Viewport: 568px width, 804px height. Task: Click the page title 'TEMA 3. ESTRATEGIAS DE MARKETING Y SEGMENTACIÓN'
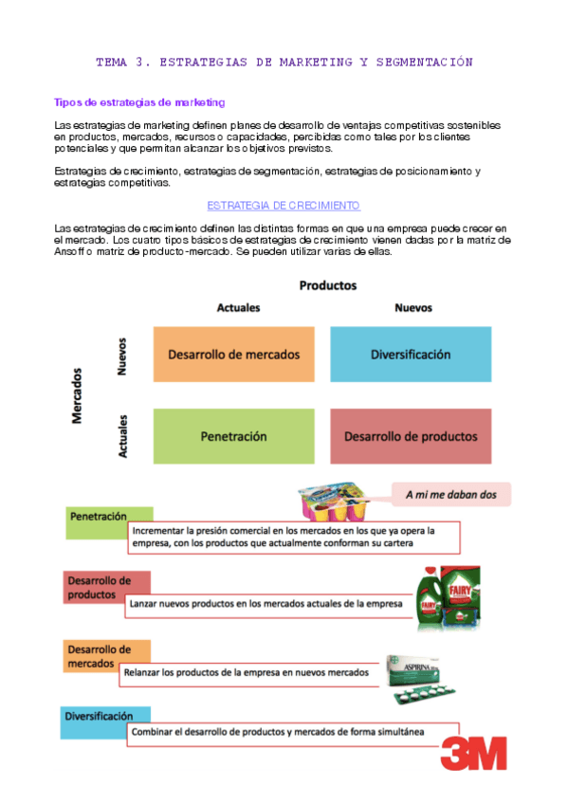[x=284, y=63]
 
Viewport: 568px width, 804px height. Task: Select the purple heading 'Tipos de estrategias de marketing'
[x=139, y=101]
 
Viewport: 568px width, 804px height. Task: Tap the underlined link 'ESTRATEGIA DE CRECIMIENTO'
[x=284, y=205]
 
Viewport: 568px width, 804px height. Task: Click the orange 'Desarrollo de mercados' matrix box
[x=233, y=354]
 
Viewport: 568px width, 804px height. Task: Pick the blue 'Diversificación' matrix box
[x=411, y=354]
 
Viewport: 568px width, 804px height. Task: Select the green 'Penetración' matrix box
[x=233, y=436]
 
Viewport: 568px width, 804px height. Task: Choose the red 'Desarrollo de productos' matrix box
[x=411, y=436]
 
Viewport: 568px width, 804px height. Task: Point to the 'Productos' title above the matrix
[x=328, y=284]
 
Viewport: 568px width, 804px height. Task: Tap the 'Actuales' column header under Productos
[x=238, y=308]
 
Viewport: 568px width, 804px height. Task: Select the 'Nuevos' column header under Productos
[x=412, y=308]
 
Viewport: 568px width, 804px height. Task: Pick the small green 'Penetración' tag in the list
[x=98, y=517]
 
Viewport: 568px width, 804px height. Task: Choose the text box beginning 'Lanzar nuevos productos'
[x=266, y=602]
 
